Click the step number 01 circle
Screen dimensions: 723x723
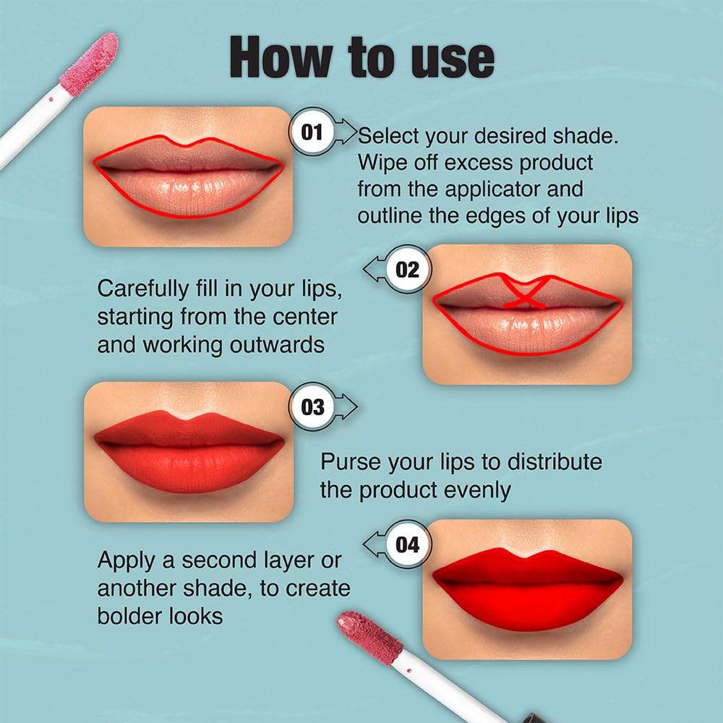coord(312,132)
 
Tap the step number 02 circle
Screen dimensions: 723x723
coord(408,270)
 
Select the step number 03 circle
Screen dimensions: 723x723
coord(312,407)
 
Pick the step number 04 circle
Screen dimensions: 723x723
coord(408,544)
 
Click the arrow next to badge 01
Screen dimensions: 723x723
coord(347,132)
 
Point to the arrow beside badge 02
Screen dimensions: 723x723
coord(374,270)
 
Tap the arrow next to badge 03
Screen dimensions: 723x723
coord(347,407)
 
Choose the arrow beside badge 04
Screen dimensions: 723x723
coord(374,544)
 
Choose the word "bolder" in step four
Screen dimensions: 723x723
coord(133,615)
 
